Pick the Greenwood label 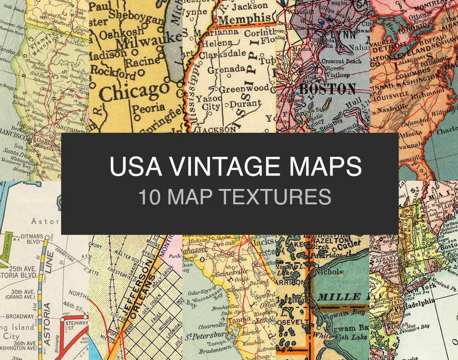point(243,88)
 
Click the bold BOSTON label point(327,89)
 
